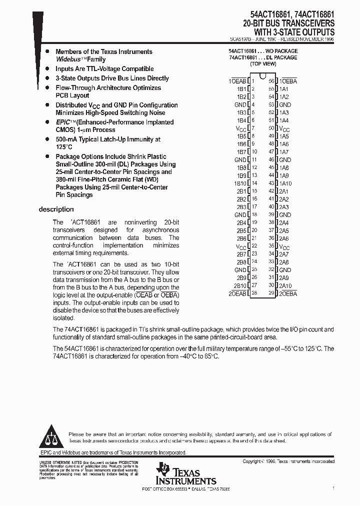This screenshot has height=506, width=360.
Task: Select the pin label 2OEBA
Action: (x=288, y=293)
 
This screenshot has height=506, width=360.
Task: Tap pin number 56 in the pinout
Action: (x=271, y=81)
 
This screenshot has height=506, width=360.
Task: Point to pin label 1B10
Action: (x=240, y=183)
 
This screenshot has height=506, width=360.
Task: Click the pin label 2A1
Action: (x=283, y=191)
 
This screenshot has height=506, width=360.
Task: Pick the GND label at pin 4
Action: (x=240, y=104)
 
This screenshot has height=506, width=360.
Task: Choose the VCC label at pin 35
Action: (x=284, y=246)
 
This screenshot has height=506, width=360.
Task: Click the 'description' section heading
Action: (x=56, y=209)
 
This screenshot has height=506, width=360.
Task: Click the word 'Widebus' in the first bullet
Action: (x=68, y=59)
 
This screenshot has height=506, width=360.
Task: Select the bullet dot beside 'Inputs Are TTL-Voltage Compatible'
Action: (x=47, y=69)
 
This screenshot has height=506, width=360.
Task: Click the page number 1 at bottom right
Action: (x=333, y=487)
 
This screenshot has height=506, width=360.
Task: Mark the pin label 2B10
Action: (x=240, y=285)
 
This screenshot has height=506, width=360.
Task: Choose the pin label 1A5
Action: (x=283, y=136)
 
